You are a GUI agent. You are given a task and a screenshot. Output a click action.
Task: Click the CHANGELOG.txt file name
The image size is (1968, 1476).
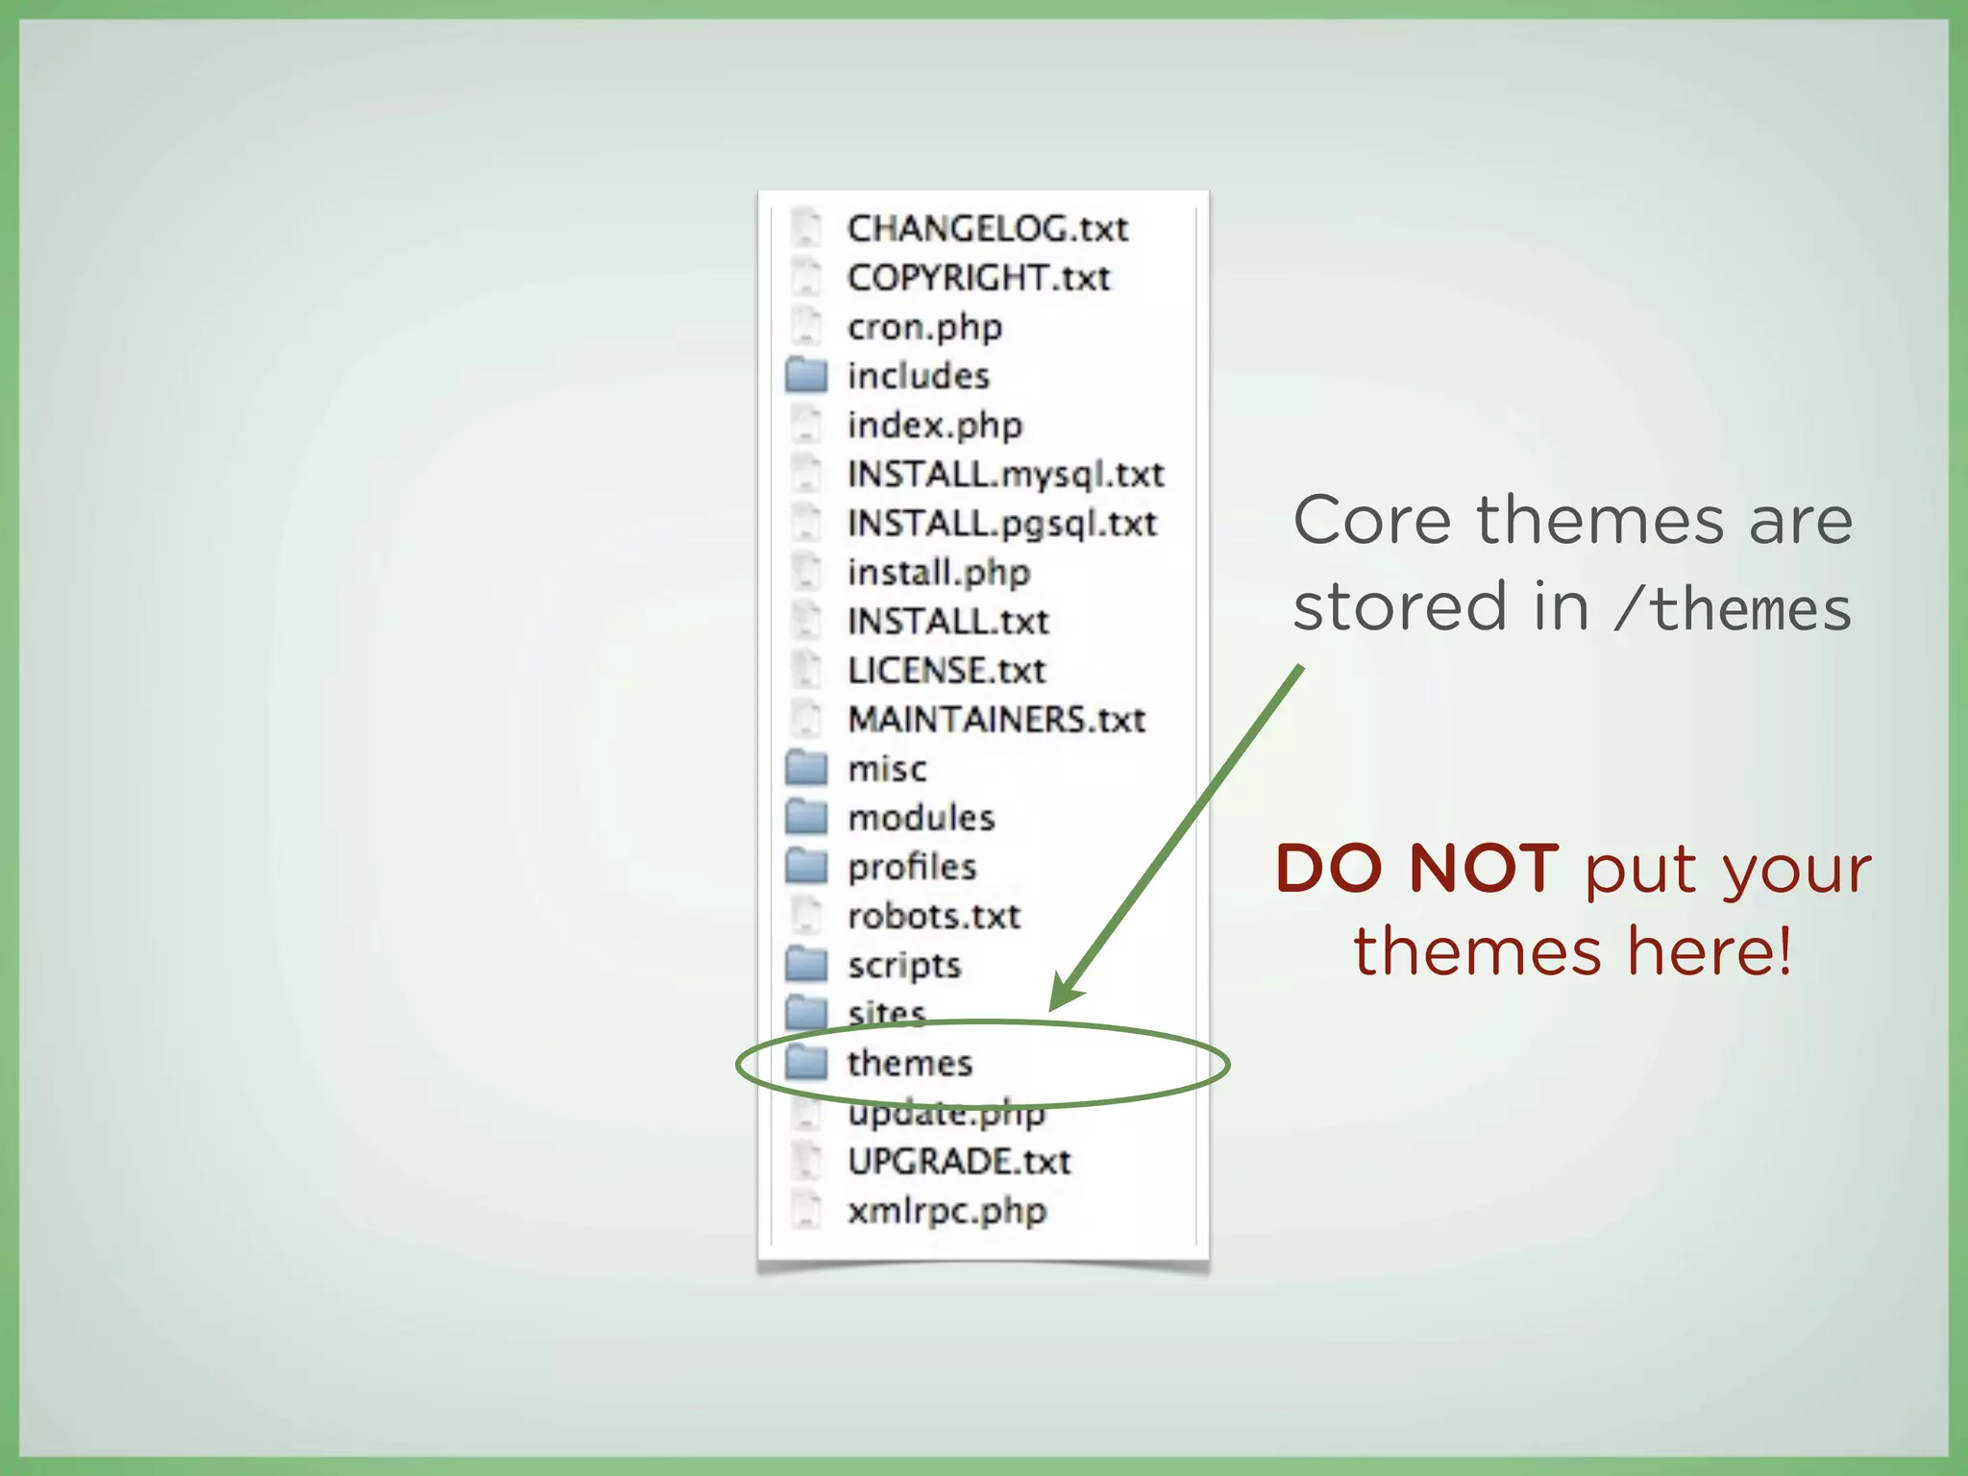(x=987, y=229)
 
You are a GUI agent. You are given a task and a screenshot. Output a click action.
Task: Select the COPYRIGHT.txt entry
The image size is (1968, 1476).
(x=978, y=278)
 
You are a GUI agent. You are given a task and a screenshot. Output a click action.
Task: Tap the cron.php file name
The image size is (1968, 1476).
(x=924, y=328)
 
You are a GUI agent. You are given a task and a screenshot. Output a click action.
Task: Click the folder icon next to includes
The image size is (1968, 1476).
(x=806, y=375)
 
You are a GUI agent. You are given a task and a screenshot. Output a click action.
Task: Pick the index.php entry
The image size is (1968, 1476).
(x=934, y=425)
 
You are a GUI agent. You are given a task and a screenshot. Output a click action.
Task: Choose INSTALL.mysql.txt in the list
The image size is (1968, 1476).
(x=1005, y=474)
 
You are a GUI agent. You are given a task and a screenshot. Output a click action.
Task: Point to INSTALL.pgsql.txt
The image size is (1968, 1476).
(x=1001, y=524)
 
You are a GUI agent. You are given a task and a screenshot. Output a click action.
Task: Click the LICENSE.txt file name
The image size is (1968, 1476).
(x=947, y=671)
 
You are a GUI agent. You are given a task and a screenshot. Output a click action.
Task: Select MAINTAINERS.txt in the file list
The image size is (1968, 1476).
(x=996, y=720)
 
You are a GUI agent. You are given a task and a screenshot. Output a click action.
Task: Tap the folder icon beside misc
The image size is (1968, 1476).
(x=806, y=768)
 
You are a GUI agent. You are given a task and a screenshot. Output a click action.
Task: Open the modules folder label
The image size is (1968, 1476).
(x=921, y=818)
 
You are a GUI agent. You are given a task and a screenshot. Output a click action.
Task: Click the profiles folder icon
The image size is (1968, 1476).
(x=806, y=866)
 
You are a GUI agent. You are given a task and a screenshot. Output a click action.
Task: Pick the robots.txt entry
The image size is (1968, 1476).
(x=933, y=916)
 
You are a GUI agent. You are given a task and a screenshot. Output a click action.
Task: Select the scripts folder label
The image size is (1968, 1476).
(x=904, y=965)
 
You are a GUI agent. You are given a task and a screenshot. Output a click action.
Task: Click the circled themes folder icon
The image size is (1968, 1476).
(x=806, y=1063)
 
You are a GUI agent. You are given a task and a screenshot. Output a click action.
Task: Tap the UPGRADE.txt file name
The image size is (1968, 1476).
(x=959, y=1162)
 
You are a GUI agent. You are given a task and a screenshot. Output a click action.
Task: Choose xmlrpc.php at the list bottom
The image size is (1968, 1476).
(x=947, y=1211)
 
